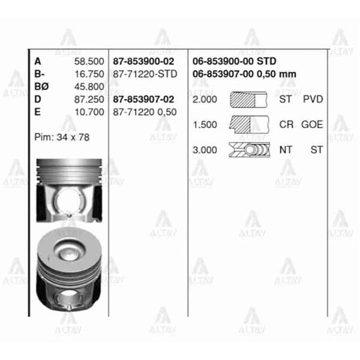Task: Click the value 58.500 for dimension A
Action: pos(89,61)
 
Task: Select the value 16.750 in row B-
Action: pos(89,74)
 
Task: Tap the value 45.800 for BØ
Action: pos(89,86)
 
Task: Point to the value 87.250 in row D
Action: pos(89,99)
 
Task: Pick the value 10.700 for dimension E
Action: pos(89,112)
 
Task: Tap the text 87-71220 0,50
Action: pos(145,112)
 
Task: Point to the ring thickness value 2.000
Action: pos(205,99)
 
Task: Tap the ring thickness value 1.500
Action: pos(205,124)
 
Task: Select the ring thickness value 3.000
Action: pos(205,149)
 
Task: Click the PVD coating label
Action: pos(313,99)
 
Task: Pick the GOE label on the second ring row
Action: pos(312,124)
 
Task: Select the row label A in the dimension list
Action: pos(38,61)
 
